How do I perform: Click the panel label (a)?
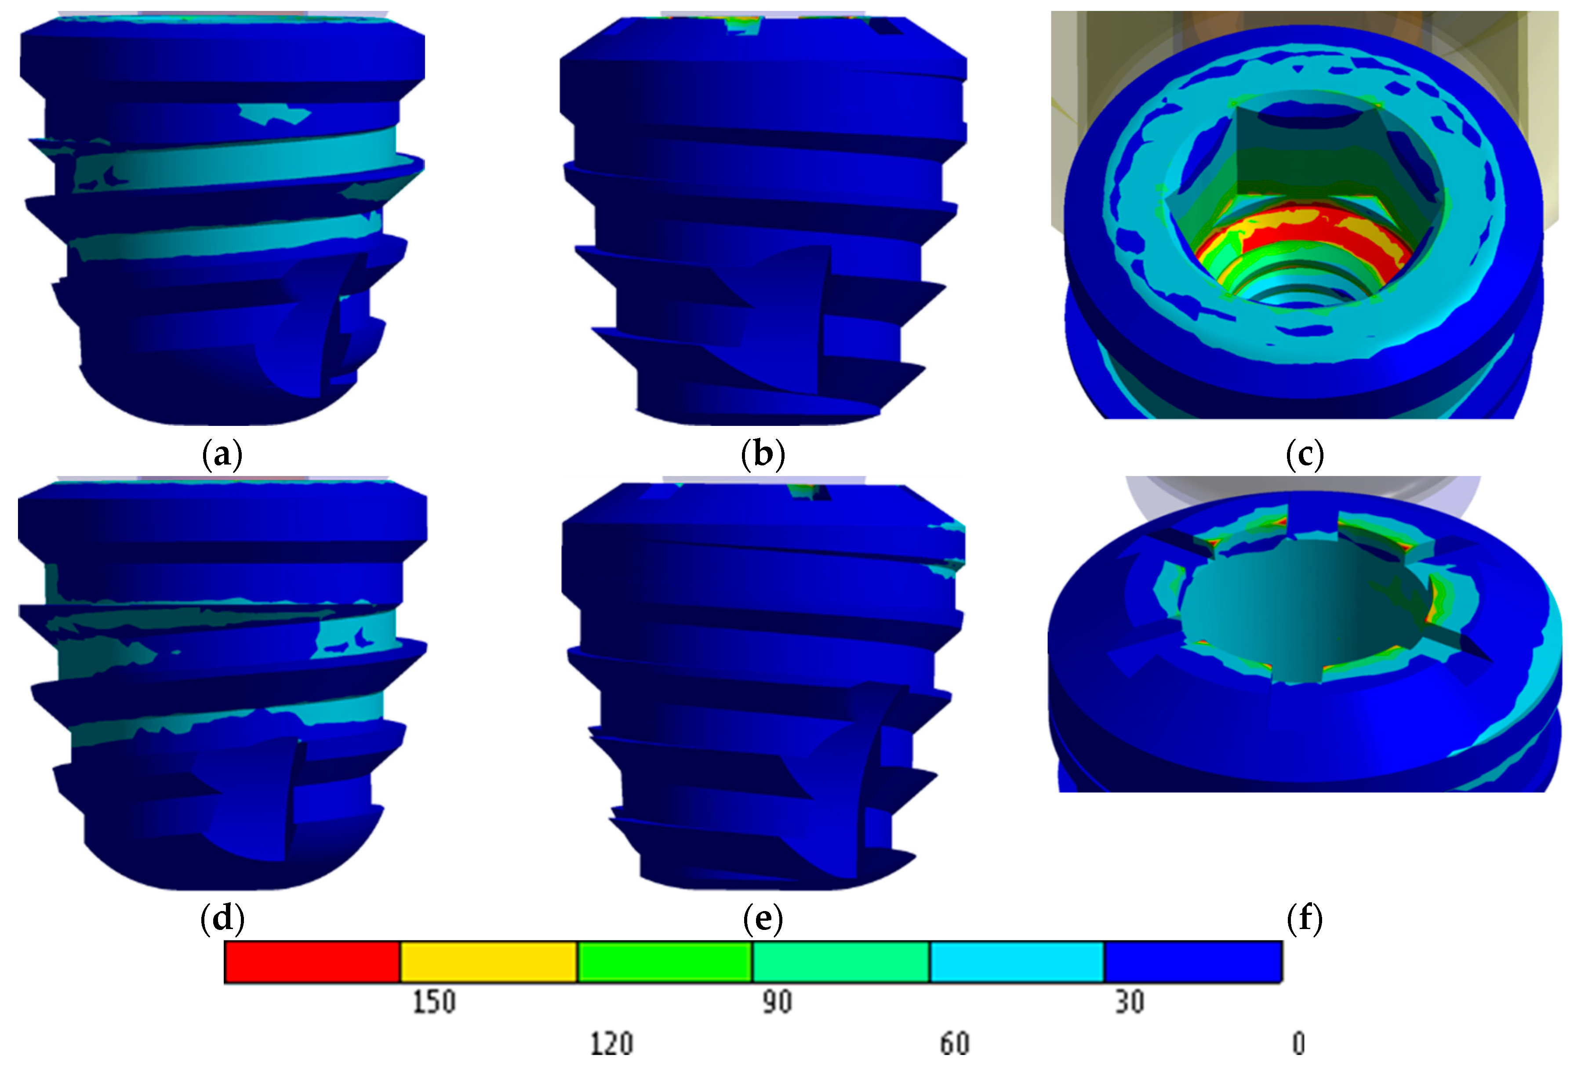(x=222, y=454)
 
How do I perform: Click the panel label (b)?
(x=763, y=454)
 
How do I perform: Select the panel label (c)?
(x=1304, y=454)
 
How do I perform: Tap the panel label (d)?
(x=222, y=918)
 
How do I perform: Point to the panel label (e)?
(x=763, y=918)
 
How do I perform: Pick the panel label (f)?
(x=1304, y=918)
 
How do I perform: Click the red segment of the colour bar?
(x=312, y=962)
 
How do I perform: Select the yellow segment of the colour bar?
(x=488, y=962)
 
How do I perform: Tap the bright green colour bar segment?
(x=665, y=962)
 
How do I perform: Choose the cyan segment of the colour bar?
(x=1016, y=962)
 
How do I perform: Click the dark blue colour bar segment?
(x=1192, y=962)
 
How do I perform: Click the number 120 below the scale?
(x=611, y=1043)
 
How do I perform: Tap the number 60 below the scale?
(x=955, y=1043)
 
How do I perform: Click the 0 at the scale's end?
(x=1298, y=1043)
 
